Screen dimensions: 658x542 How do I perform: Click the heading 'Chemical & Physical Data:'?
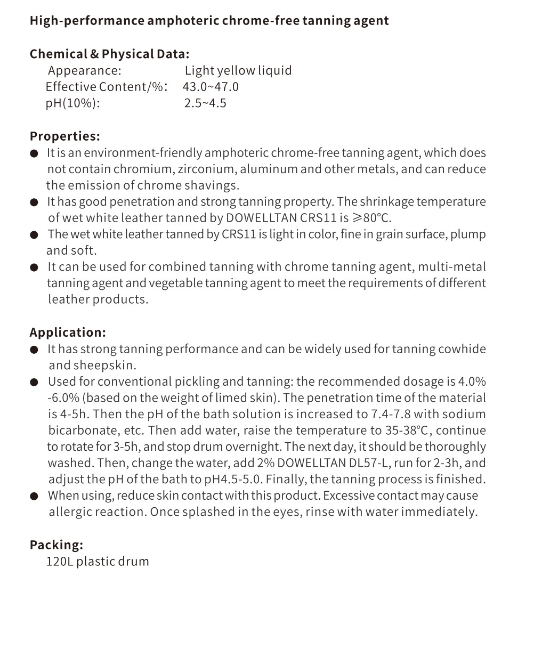click(x=109, y=54)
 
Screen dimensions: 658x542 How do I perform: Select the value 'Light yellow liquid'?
click(x=238, y=70)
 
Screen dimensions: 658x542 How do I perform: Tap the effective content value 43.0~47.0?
click(x=211, y=87)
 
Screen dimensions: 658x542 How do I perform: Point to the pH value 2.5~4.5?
click(x=205, y=103)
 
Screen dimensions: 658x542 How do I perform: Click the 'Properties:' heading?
click(x=64, y=136)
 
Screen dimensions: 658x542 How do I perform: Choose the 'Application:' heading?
click(x=68, y=332)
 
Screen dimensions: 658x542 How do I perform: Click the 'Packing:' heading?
click(x=56, y=545)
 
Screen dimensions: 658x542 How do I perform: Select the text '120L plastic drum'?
click(x=98, y=561)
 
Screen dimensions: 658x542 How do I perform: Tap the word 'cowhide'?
click(x=462, y=349)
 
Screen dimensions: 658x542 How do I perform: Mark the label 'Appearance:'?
click(x=84, y=70)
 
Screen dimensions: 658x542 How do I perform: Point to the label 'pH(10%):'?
click(x=72, y=103)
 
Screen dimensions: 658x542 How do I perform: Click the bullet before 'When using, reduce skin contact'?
click(x=34, y=496)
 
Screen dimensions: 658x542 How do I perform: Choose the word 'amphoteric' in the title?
click(x=183, y=21)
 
